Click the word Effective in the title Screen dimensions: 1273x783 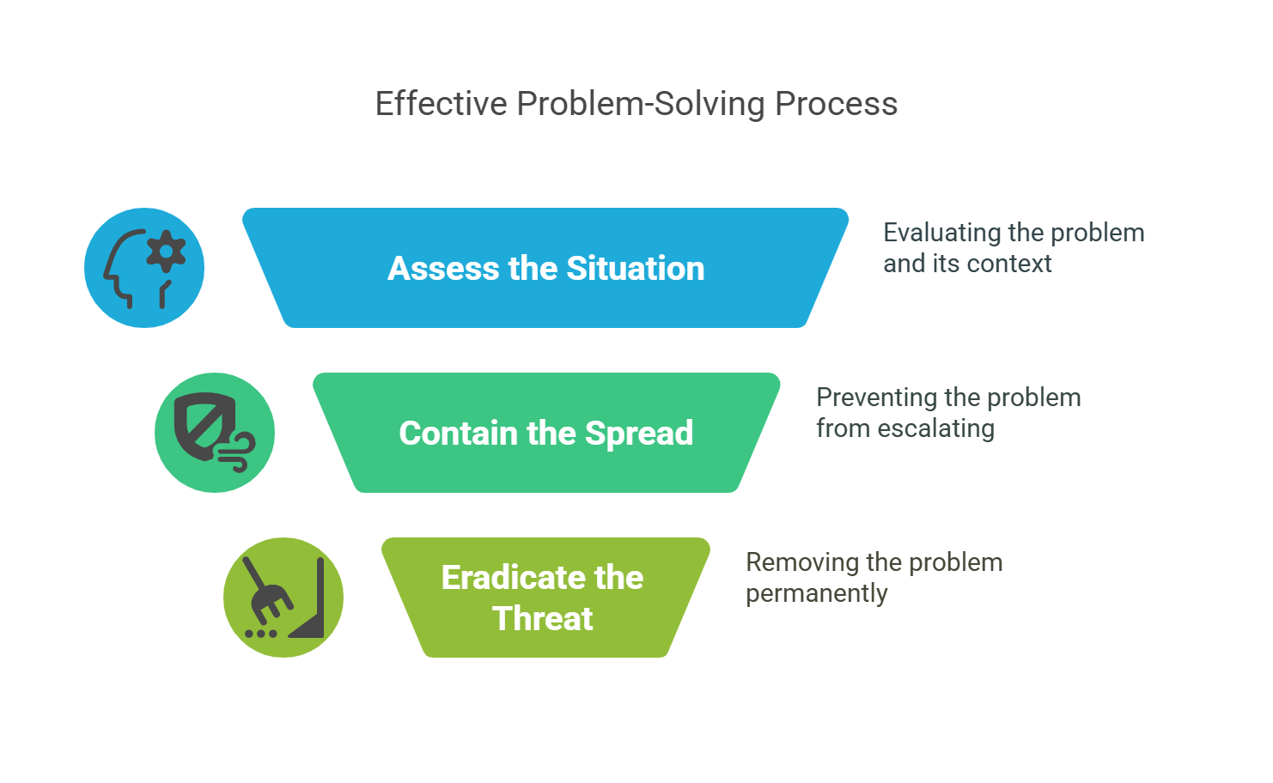pyautogui.click(x=441, y=104)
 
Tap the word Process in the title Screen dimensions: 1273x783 pyautogui.click(x=836, y=104)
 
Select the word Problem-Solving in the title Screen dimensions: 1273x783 pyautogui.click(x=641, y=105)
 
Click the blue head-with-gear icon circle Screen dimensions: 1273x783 pyautogui.click(x=144, y=268)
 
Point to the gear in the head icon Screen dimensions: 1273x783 pyautogui.click(x=166, y=252)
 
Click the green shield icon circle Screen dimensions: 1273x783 pyautogui.click(x=215, y=433)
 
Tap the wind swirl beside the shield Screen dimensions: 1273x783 pyautogui.click(x=237, y=452)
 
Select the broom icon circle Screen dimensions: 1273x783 pyautogui.click(x=283, y=598)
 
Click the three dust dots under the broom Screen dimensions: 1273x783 pyautogui.click(x=261, y=633)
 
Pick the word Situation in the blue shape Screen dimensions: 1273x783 pyautogui.click(x=636, y=268)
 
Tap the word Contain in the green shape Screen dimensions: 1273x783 pyautogui.click(x=459, y=433)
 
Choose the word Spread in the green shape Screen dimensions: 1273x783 pyautogui.click(x=639, y=434)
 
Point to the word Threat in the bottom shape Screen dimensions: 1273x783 pyautogui.click(x=543, y=618)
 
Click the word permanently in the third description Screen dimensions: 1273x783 pyautogui.click(x=817, y=594)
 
